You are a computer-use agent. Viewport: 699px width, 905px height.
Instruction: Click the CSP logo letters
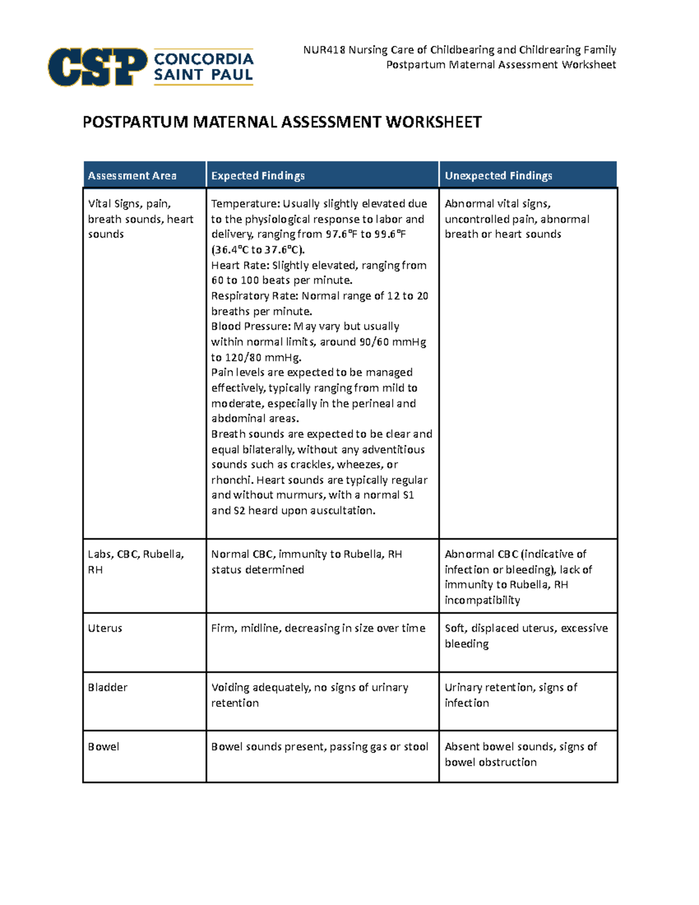point(97,67)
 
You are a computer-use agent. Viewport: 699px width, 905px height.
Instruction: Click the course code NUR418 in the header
point(324,50)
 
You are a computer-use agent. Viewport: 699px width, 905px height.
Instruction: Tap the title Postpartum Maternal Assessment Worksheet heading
point(282,122)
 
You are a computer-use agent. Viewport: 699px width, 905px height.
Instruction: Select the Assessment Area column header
point(132,176)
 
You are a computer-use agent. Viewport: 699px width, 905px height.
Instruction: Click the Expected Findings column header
point(257,176)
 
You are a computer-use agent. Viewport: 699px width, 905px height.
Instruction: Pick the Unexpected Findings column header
point(498,176)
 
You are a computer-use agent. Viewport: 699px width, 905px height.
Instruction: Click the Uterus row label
point(105,628)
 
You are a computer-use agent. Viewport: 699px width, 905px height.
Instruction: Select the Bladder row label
point(108,688)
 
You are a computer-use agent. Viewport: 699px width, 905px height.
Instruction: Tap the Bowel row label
point(104,747)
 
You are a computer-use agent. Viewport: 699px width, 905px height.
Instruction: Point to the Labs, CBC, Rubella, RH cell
point(136,562)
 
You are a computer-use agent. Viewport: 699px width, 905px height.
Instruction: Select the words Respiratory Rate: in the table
point(255,296)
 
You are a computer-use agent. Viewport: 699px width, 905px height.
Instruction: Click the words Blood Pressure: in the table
point(250,326)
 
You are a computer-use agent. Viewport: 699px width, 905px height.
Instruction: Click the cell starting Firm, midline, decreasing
point(318,628)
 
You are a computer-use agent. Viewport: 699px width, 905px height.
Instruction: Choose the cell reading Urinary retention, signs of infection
point(510,695)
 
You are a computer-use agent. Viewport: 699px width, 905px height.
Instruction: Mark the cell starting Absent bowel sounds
point(520,754)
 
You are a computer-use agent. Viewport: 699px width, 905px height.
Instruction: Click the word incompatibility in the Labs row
point(482,600)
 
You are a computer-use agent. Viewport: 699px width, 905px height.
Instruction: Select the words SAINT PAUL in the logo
point(203,75)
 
